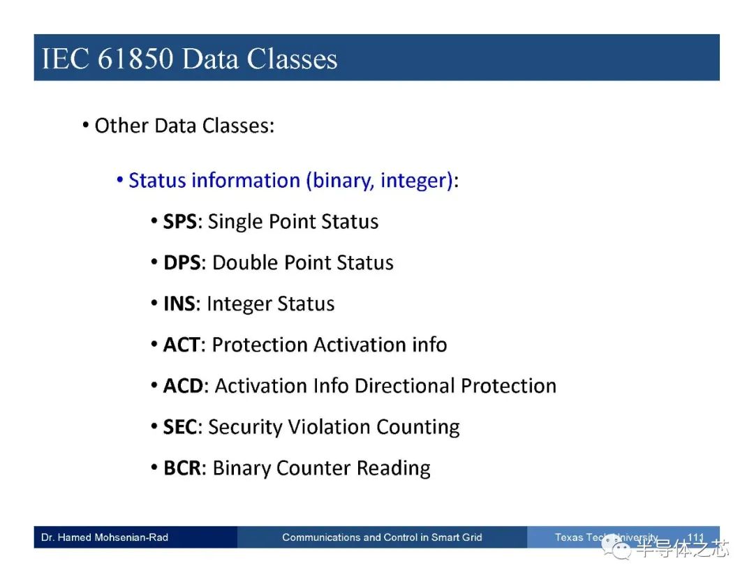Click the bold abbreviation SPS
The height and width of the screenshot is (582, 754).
[180, 221]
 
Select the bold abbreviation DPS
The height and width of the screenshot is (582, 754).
[182, 263]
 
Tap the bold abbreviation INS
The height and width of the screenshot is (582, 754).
[179, 304]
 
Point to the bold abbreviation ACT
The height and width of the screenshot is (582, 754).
[182, 345]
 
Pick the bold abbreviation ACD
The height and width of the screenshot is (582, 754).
[183, 386]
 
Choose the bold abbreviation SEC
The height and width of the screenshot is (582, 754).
[180, 427]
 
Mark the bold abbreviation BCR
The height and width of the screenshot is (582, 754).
[182, 468]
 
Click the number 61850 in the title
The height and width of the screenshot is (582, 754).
[135, 59]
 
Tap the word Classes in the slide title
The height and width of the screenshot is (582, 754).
[292, 59]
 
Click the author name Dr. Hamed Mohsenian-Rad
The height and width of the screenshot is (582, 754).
[105, 537]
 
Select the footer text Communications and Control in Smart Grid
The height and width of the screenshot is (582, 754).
[382, 537]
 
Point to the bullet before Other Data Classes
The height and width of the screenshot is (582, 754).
[86, 126]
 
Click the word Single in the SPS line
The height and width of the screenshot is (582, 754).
[235, 222]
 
